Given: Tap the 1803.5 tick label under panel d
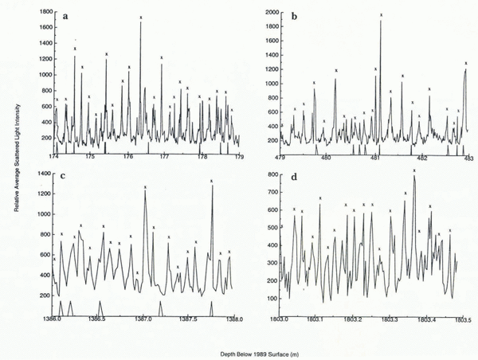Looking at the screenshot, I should [x=464, y=319].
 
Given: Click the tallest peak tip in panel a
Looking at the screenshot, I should [x=140, y=22].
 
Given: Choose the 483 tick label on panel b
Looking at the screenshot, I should [x=468, y=156].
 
